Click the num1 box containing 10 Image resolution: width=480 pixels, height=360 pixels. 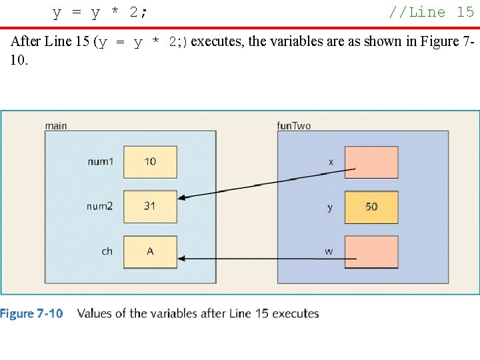click(150, 161)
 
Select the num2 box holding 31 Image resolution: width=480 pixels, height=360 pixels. click(150, 206)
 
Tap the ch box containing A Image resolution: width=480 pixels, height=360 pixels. click(150, 251)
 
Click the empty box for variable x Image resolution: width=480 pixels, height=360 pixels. click(371, 162)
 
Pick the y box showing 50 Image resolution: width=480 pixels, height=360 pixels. click(371, 207)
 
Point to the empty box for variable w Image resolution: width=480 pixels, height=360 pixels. click(371, 252)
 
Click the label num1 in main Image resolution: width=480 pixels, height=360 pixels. click(100, 161)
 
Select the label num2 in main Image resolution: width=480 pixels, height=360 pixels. click(100, 207)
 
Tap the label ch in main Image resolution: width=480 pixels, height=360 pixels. click(107, 251)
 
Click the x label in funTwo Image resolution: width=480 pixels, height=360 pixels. click(331, 162)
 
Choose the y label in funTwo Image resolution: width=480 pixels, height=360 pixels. click(330, 208)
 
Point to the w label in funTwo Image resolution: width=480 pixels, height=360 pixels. click(329, 252)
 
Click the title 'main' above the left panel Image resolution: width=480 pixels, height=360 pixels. click(56, 125)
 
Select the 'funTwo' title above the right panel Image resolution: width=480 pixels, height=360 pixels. click(293, 125)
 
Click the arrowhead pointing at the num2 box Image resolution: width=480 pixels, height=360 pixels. click(183, 197)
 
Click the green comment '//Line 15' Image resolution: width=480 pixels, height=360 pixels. click(431, 11)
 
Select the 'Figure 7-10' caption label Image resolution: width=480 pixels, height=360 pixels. click(31, 313)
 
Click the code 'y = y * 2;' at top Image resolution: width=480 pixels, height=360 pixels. click(101, 12)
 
